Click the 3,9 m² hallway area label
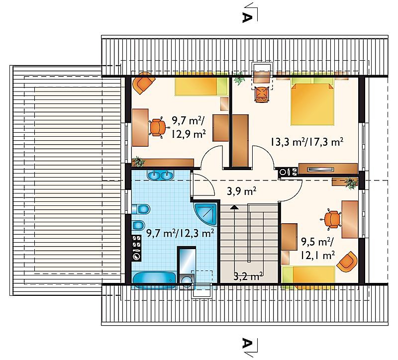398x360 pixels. click(241, 191)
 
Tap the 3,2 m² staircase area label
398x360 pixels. click(248, 276)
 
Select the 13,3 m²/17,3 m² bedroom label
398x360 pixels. click(307, 142)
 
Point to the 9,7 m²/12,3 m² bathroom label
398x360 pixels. click(180, 233)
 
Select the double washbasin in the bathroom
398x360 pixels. click(160, 176)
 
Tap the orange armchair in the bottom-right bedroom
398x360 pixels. click(347, 261)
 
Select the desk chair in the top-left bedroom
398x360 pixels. click(158, 128)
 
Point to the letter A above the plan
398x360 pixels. click(247, 17)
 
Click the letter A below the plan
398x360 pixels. click(247, 344)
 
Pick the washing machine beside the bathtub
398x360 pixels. click(187, 282)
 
